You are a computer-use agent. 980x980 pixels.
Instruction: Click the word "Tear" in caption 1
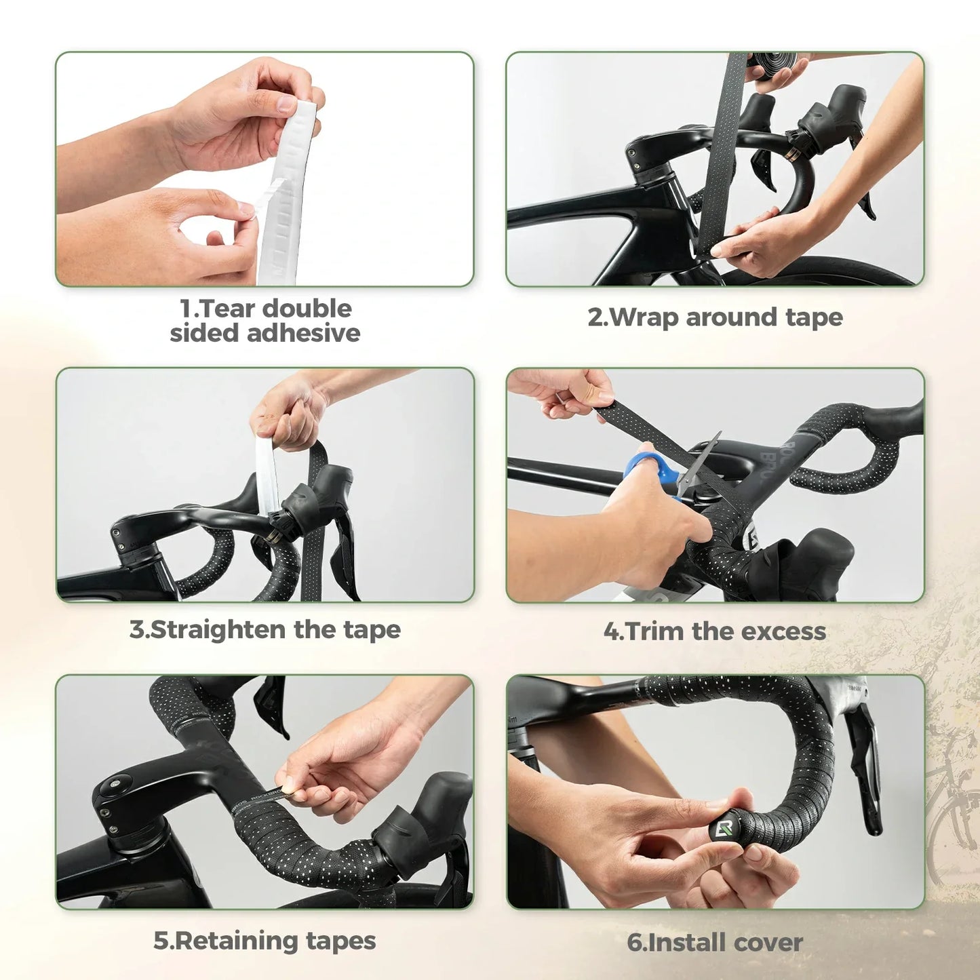(229, 309)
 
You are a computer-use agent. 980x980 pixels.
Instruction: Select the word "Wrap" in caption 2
(644, 317)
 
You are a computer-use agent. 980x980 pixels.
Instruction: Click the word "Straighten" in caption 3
(218, 630)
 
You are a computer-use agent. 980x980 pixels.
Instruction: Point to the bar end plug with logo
(722, 829)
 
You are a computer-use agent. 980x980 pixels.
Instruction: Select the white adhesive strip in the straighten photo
(267, 475)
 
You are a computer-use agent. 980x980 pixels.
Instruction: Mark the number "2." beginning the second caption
(597, 317)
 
